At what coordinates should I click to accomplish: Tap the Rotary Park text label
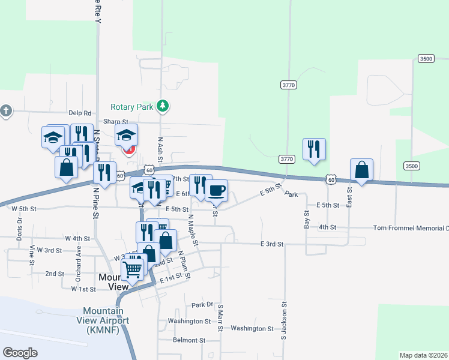(x=132, y=107)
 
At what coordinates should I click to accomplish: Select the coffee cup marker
(x=216, y=190)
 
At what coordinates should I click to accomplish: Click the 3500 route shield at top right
(x=426, y=58)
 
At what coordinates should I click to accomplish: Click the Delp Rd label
(x=79, y=113)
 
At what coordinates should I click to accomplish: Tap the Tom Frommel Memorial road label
(x=411, y=228)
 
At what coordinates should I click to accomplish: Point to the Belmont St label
(x=189, y=340)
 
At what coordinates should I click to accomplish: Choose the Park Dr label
(x=202, y=305)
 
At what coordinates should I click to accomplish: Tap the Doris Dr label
(x=19, y=228)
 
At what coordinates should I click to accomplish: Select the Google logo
(x=20, y=353)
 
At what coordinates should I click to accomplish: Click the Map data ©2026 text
(x=423, y=355)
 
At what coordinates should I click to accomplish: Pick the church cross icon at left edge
(x=5, y=111)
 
